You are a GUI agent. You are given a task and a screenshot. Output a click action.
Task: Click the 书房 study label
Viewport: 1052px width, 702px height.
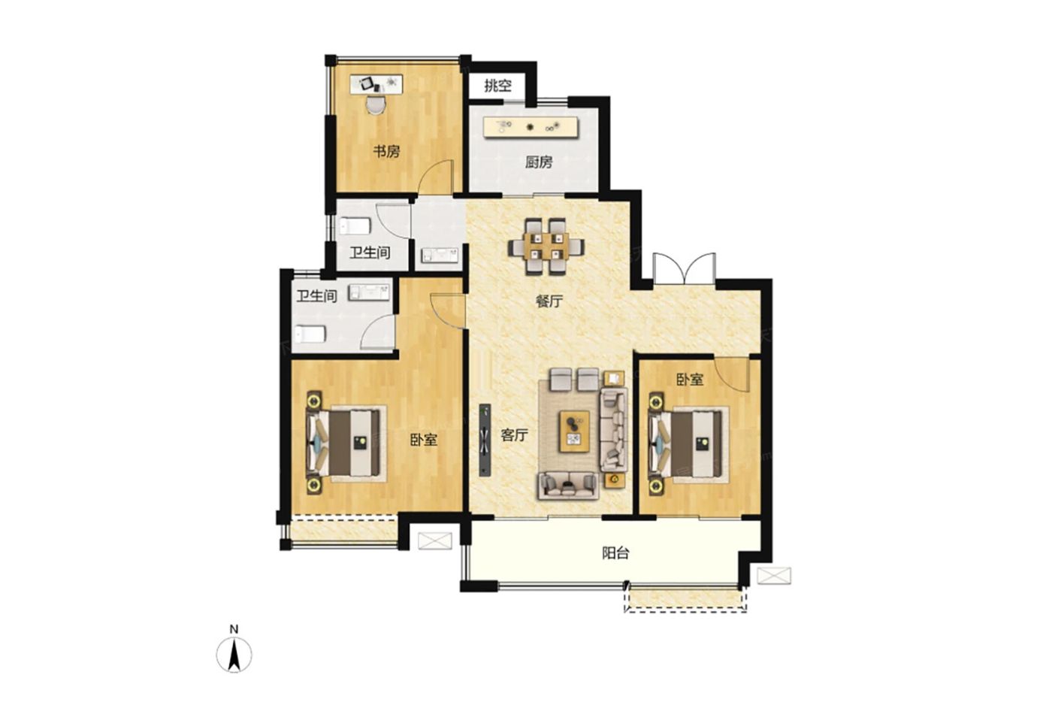tap(386, 152)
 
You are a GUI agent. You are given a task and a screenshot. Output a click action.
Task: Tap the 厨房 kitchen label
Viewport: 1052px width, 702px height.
tap(539, 162)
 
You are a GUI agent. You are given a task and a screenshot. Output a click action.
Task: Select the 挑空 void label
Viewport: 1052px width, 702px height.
tap(497, 86)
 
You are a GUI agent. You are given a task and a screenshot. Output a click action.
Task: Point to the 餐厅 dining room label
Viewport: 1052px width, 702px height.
tap(549, 301)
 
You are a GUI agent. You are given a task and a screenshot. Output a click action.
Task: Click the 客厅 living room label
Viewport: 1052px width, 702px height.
tap(514, 435)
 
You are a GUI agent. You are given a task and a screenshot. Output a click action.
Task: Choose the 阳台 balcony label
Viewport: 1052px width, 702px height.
tap(615, 553)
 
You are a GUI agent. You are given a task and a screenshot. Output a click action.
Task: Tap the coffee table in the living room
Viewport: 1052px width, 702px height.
tap(574, 432)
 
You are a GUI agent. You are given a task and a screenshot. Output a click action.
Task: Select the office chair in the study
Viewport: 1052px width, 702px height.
tap(376, 104)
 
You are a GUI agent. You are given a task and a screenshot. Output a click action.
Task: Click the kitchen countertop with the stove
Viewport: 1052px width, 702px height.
tap(531, 127)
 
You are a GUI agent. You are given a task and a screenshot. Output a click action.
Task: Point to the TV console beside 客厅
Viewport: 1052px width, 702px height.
tap(485, 440)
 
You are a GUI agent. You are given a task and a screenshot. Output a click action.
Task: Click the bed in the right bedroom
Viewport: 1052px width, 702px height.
tap(688, 444)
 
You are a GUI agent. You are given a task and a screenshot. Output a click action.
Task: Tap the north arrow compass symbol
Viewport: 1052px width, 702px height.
tap(234, 654)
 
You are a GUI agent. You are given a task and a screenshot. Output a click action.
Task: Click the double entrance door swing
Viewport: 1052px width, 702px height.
tap(685, 269)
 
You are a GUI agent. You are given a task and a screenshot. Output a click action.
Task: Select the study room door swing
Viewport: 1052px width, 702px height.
tap(436, 177)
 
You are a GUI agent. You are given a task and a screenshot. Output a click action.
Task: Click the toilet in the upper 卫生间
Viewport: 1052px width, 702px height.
tap(355, 226)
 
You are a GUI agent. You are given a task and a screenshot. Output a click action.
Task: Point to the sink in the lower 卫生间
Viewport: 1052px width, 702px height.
tap(369, 292)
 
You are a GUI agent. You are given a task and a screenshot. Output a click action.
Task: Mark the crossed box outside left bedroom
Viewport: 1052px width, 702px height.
tap(435, 540)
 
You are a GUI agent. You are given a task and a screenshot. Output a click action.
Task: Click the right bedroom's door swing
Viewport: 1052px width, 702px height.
tap(731, 374)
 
